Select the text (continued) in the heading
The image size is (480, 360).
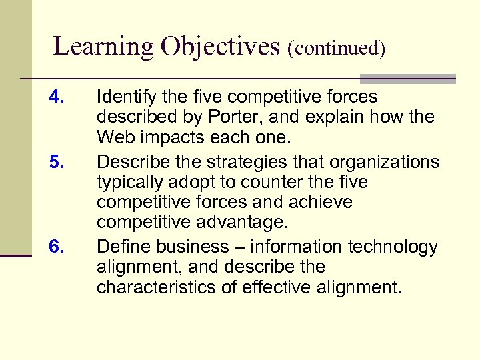(337, 49)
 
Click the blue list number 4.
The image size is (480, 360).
(57, 98)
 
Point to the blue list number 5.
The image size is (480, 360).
(57, 163)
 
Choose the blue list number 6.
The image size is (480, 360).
(57, 247)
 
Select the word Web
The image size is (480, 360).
(113, 139)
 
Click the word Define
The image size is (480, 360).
(118, 247)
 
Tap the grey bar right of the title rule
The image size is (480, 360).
(407, 78)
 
